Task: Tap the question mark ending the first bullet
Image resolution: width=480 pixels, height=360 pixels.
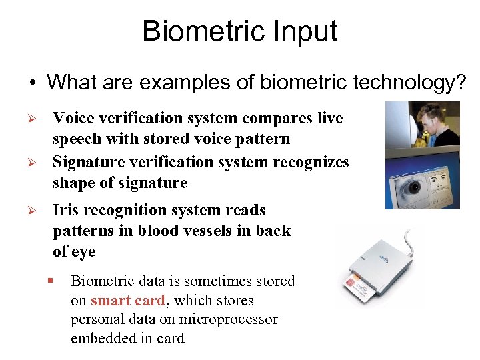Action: pos(461,83)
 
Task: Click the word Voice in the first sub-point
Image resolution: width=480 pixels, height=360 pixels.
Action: pos(73,119)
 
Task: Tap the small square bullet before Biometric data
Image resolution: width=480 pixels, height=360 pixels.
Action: pos(50,281)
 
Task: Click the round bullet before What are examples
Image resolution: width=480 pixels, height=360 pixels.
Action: pos(31,83)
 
